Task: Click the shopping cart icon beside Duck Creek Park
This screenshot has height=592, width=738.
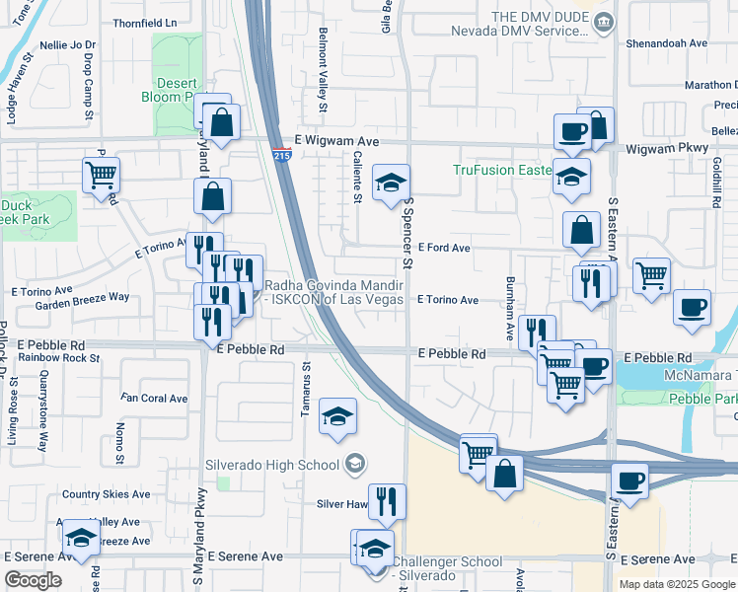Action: coord(101,177)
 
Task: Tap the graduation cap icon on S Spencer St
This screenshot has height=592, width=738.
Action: coord(391,183)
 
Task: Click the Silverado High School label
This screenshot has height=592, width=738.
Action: coord(271,464)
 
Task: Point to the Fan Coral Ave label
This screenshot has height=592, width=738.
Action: coord(154,399)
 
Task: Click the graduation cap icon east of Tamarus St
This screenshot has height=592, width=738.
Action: coord(337,417)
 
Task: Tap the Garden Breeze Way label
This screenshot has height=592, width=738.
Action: coord(90,296)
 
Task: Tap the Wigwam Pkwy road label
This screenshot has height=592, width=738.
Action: coord(668,148)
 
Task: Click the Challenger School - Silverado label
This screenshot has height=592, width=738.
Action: coord(447,568)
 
